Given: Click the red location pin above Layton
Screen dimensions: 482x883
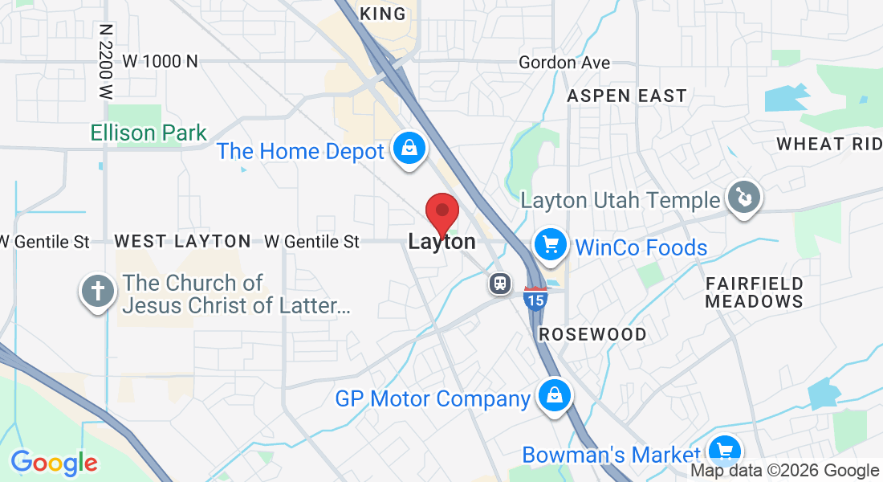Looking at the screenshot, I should coord(441,213).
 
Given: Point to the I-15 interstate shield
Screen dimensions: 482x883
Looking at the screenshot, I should coord(535,299).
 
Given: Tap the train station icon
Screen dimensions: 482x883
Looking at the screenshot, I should coord(500,283).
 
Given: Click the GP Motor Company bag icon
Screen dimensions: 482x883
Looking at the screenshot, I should coord(554,395).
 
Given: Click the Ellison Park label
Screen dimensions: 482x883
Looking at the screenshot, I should coord(149,133).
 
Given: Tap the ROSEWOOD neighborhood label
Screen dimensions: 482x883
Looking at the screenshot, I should coord(593,334).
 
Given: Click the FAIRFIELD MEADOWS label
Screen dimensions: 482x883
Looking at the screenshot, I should coord(755,292).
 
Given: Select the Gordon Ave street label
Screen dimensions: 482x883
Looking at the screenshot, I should coord(564,63).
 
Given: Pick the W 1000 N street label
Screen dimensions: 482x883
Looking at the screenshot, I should coord(160,61).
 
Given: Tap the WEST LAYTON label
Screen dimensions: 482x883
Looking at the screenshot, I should coord(183,241).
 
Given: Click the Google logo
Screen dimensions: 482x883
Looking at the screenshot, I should coord(54,463).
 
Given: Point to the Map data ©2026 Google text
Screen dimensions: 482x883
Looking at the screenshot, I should coord(785,471).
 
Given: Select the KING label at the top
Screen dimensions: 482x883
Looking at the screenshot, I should coord(384,14).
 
